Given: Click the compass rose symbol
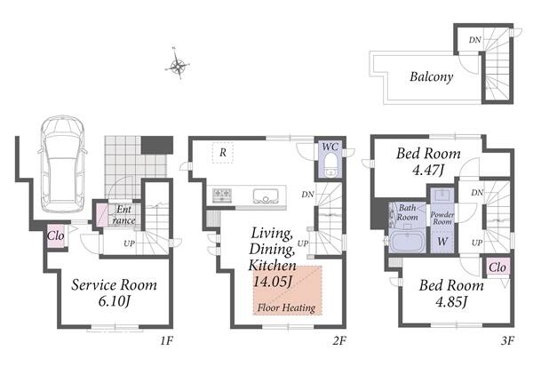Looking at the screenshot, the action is click(177, 64).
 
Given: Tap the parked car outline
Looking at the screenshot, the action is click(63, 164).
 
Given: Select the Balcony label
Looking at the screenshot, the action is click(431, 77).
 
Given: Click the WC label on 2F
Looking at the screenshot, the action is click(330, 147).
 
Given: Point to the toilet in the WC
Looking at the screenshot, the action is click(330, 165).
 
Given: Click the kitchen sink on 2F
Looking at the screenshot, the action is click(266, 196).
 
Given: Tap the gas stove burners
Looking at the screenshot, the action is click(222, 195).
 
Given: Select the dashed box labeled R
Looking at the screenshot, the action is click(223, 153).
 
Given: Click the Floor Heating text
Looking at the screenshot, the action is click(286, 307).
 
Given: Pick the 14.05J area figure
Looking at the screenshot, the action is click(273, 282).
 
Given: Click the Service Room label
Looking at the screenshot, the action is click(115, 285).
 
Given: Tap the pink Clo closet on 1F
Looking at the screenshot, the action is click(56, 235).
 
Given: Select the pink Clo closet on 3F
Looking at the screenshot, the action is click(497, 267).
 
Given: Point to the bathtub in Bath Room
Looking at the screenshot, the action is click(407, 241).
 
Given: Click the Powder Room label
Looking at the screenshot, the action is click(442, 218).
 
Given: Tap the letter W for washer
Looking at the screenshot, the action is click(442, 242).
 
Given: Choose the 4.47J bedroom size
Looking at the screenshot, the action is click(428, 170).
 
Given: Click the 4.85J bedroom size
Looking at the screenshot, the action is click(451, 302).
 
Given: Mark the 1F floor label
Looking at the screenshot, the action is click(167, 340).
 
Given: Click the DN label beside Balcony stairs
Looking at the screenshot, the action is click(475, 40).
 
